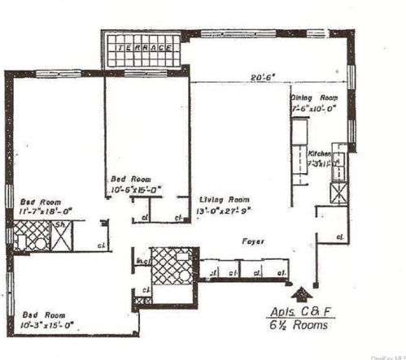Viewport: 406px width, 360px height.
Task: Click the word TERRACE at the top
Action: point(143,48)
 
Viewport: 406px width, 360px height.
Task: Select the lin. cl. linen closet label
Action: point(142,259)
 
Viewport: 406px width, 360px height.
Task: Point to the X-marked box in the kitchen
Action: point(336,193)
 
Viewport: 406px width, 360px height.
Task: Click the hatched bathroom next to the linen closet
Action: point(173,266)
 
